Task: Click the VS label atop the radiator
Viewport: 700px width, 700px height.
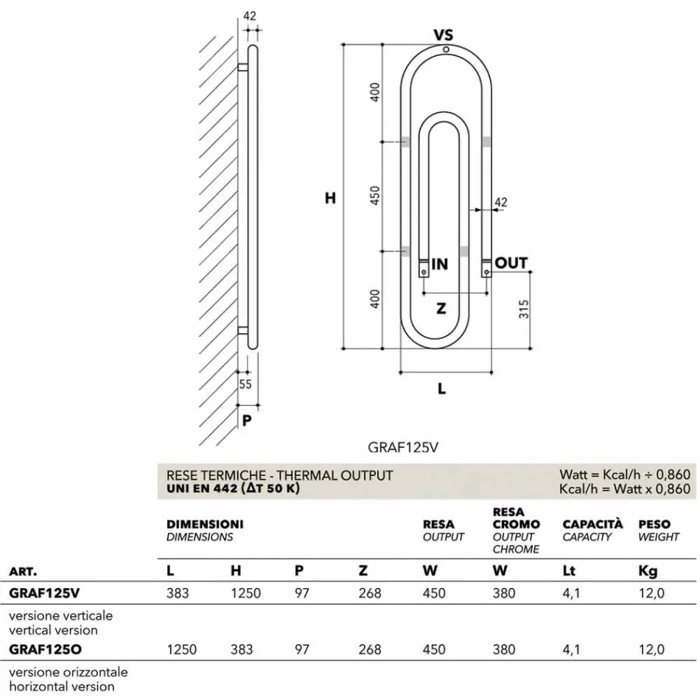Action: point(443,35)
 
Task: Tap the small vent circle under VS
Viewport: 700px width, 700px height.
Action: point(446,49)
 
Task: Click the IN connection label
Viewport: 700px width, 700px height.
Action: point(439,264)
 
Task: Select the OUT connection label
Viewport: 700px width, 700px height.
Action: point(511,263)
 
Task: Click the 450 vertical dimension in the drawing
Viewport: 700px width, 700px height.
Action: point(375,195)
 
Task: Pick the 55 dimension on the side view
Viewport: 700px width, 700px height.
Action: point(245,384)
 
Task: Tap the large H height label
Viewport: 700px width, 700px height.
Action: point(330,198)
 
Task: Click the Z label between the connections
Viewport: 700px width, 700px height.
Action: point(441,309)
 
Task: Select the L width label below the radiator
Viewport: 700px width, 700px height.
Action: point(442,389)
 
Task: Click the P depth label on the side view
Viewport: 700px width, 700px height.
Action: point(247,421)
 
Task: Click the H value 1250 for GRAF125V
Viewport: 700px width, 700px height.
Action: point(246,593)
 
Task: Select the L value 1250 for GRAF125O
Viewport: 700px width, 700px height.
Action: point(182,649)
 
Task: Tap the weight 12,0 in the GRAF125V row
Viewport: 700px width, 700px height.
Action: point(651,593)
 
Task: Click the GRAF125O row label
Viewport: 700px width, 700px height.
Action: point(44,649)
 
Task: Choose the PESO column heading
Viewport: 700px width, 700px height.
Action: point(654,525)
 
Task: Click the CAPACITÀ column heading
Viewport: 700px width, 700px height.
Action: point(592,525)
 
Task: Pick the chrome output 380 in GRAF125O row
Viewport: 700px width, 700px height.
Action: point(504,649)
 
